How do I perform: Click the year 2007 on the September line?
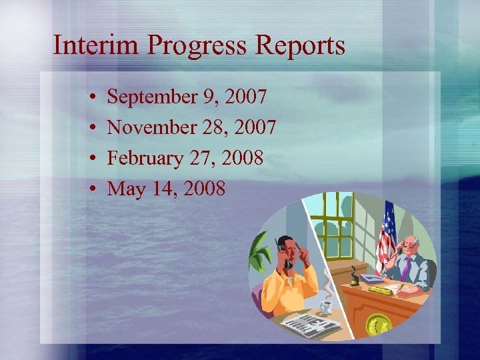pyautogui.click(x=246, y=97)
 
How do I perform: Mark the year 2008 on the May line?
pyautogui.click(x=203, y=189)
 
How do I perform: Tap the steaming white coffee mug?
pyautogui.click(x=325, y=306)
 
